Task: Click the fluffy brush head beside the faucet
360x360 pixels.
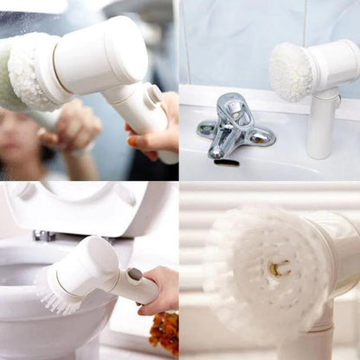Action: (290, 71)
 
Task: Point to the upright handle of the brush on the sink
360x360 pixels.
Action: (320, 125)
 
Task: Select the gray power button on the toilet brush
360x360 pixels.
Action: (135, 274)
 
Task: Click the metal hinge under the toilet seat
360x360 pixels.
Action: (43, 235)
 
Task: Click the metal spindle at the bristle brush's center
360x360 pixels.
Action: (279, 269)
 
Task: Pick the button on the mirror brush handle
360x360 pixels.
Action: (156, 93)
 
